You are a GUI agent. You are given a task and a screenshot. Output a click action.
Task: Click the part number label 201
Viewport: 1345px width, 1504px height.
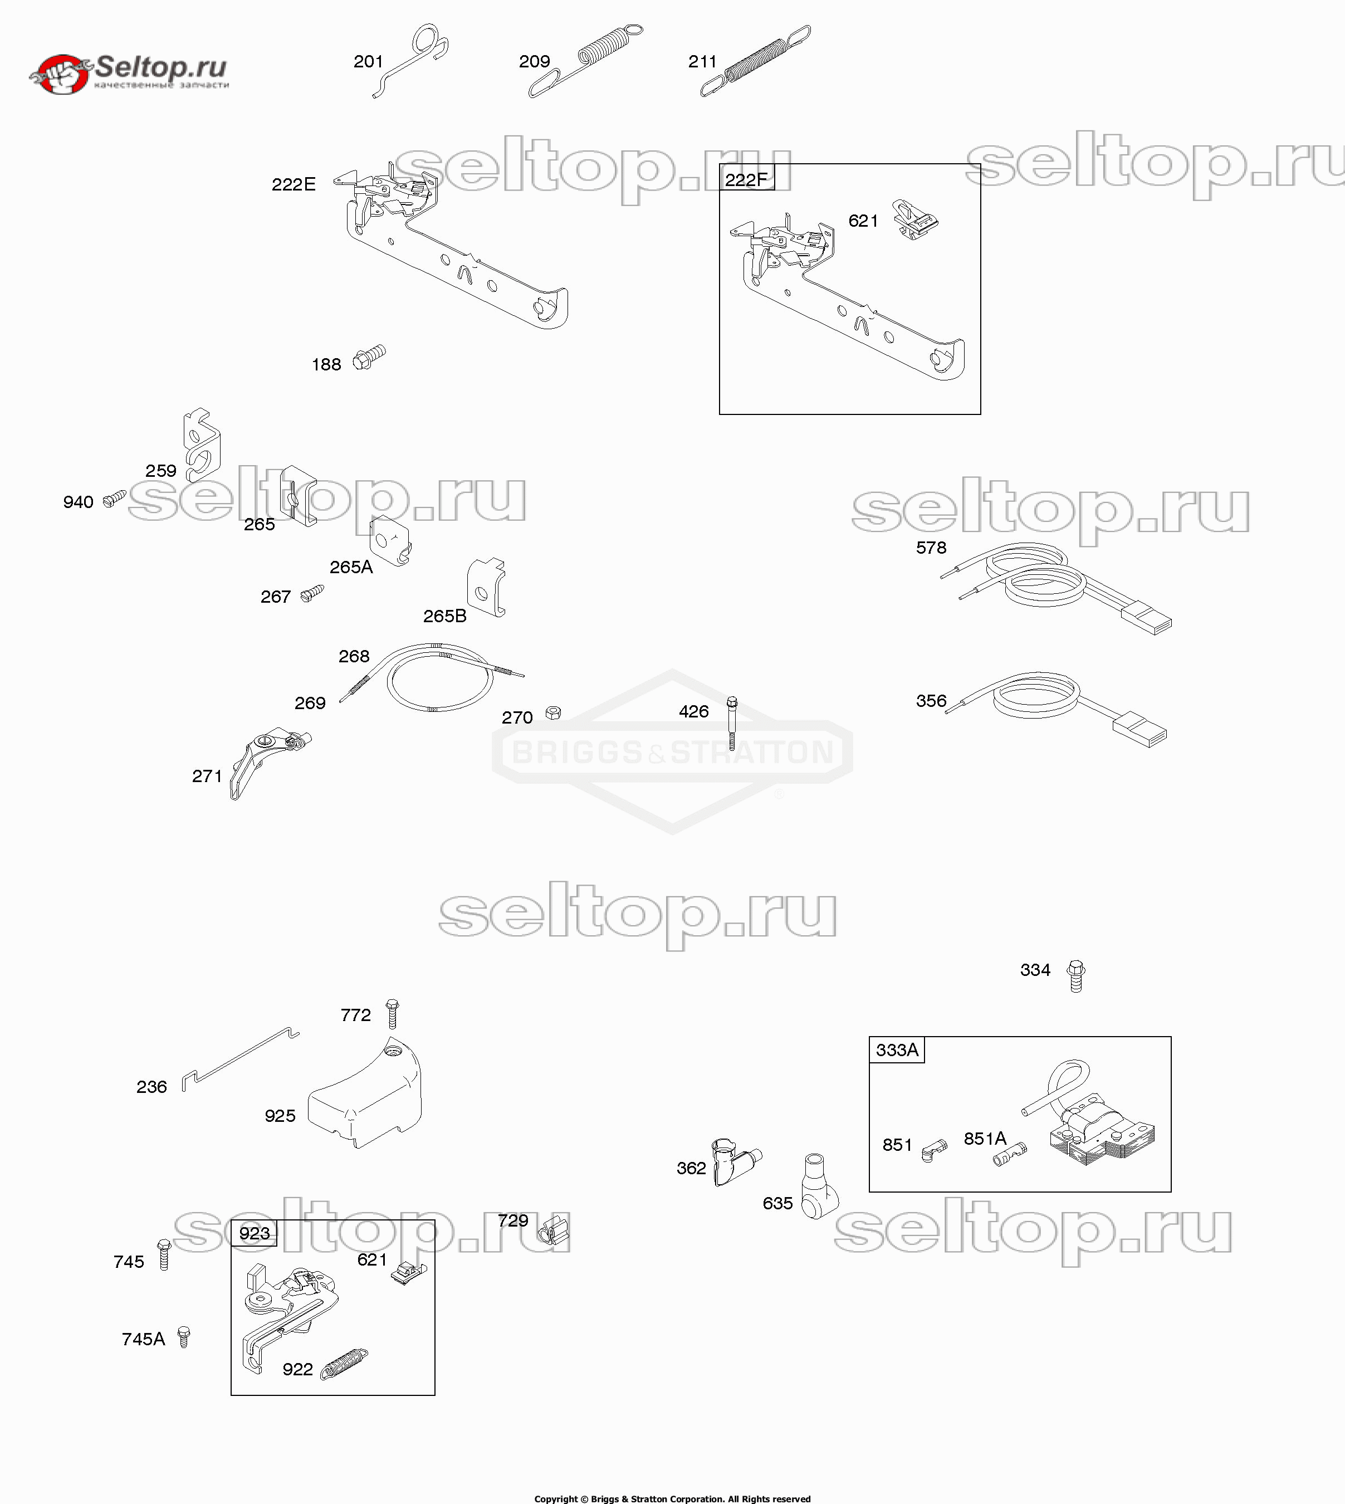tap(368, 61)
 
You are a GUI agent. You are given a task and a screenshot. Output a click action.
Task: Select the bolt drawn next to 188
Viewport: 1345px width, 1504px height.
tap(369, 357)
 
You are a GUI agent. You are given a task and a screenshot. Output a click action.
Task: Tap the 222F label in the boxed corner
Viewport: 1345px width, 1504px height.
tap(746, 179)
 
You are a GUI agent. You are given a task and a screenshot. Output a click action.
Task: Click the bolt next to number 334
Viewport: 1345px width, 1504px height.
tap(1076, 975)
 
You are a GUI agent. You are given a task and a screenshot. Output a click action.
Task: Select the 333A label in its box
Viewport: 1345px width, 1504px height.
tap(897, 1049)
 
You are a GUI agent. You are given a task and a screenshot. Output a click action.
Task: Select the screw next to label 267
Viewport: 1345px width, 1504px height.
tap(312, 593)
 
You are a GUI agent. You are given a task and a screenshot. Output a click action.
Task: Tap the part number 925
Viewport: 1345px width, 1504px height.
tap(280, 1115)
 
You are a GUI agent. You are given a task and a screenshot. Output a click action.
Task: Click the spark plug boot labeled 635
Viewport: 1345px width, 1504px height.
tap(819, 1185)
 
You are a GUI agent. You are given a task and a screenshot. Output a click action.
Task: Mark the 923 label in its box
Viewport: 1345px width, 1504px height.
tap(254, 1233)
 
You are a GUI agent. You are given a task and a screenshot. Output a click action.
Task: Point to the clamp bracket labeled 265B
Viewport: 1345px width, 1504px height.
tap(486, 588)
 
